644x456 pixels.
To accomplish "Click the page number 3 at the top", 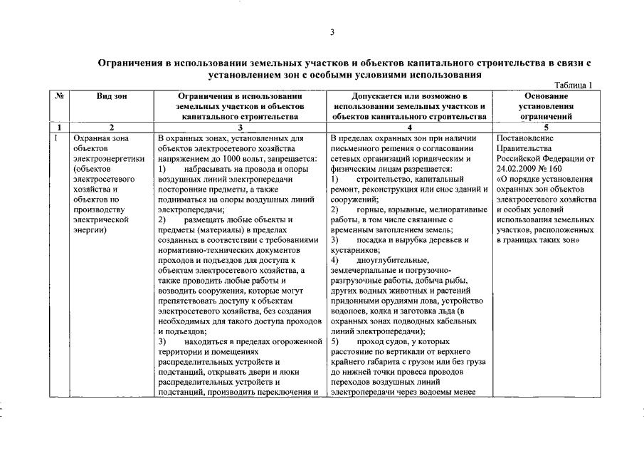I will click(x=332, y=32).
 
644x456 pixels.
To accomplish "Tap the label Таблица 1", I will click(x=573, y=85).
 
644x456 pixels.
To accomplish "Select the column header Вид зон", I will click(x=112, y=95).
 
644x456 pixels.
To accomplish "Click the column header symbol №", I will click(x=58, y=95).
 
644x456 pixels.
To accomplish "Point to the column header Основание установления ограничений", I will click(x=544, y=105).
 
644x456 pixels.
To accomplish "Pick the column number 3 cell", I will click(x=241, y=127).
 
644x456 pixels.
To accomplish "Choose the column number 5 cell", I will click(x=544, y=127).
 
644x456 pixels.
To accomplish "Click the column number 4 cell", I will click(x=409, y=127).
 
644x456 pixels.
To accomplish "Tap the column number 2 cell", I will click(x=112, y=127).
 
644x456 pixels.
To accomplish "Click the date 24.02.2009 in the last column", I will click(x=519, y=170).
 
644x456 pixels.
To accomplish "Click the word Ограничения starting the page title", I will click(x=129, y=63).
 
